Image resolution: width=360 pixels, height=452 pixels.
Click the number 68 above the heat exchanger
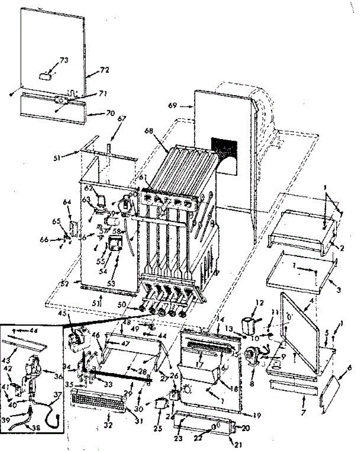149,131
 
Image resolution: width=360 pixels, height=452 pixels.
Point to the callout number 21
238,444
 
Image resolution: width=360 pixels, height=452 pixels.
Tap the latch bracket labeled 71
60,100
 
